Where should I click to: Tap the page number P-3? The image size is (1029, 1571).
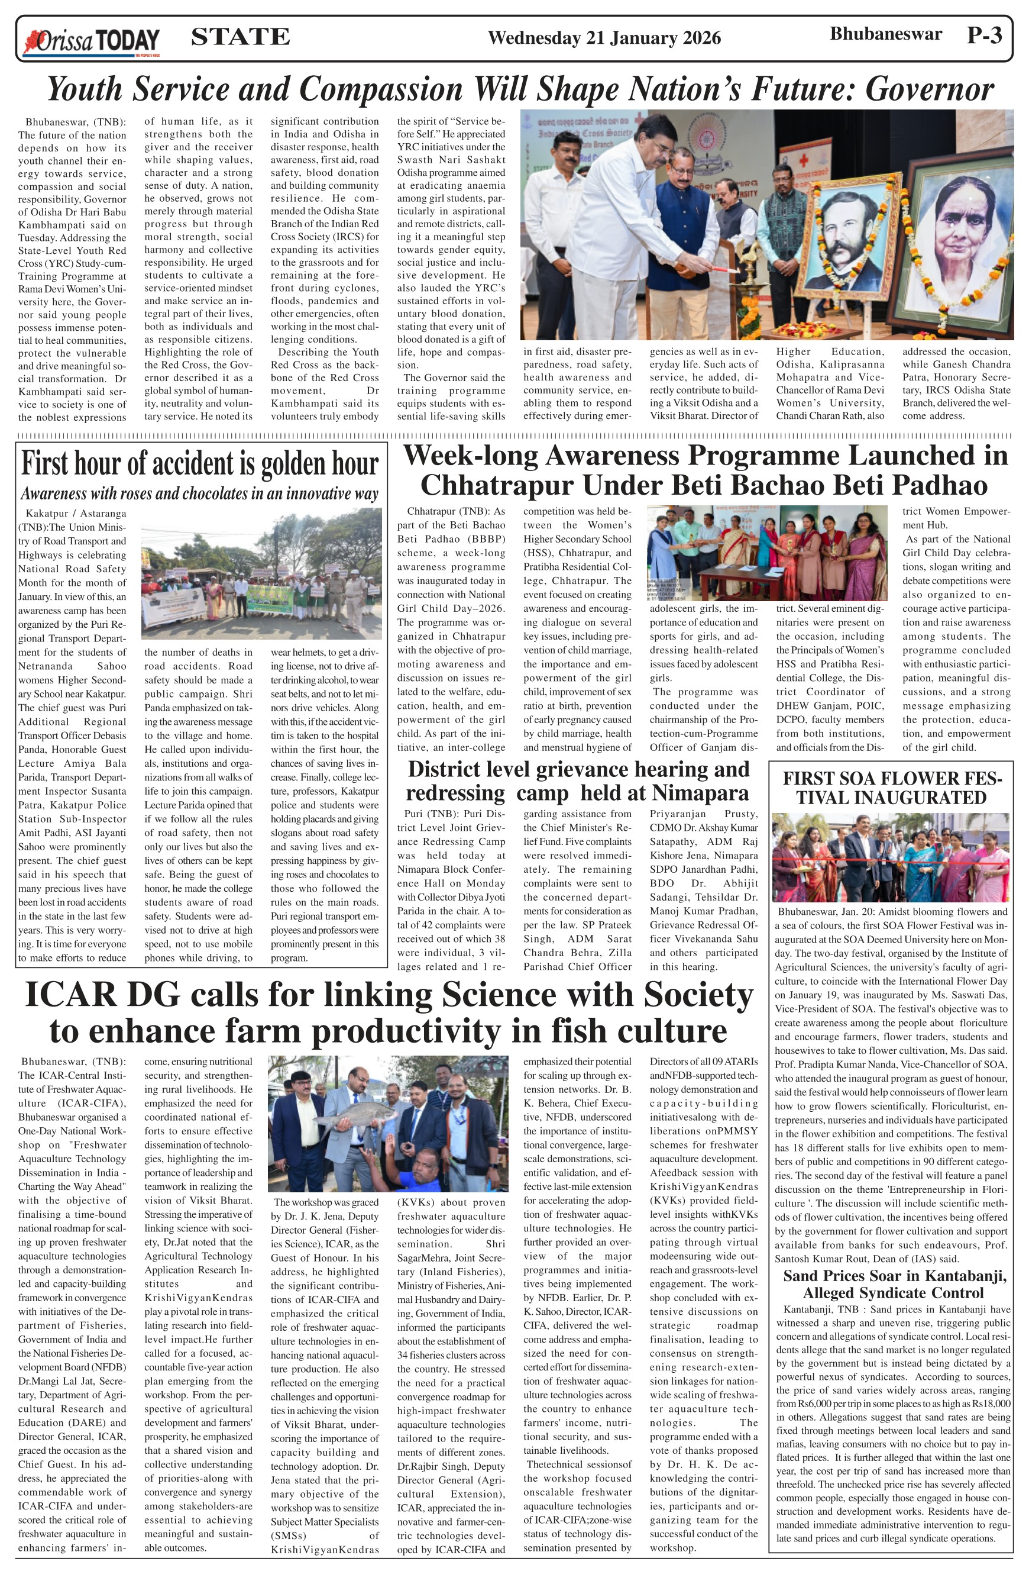[x=984, y=35]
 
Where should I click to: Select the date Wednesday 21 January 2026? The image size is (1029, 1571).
[x=604, y=38]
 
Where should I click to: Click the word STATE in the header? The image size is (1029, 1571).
[x=240, y=37]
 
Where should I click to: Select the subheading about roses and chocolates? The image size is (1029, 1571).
[x=199, y=493]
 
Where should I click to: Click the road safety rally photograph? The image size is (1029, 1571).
[x=261, y=573]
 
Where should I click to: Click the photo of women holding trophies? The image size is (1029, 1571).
[x=766, y=553]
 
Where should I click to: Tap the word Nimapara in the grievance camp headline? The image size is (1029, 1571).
[x=701, y=792]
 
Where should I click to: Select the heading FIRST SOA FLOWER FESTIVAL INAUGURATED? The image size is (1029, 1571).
[x=891, y=788]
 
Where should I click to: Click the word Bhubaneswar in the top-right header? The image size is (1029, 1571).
[x=885, y=34]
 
